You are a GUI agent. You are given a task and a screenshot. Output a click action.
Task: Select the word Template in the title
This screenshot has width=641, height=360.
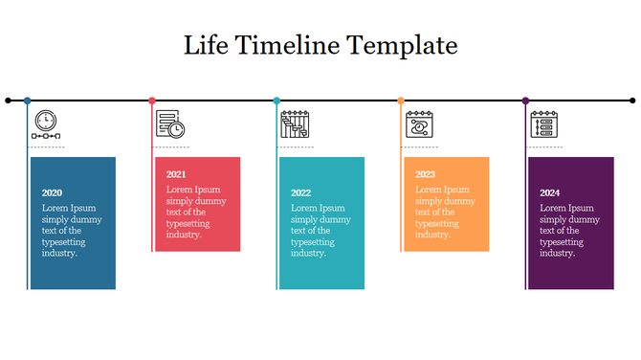click(x=402, y=45)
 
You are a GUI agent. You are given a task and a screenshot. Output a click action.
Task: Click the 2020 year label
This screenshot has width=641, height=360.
click(x=52, y=193)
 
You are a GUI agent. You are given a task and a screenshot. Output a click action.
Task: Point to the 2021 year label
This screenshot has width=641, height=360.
click(x=176, y=174)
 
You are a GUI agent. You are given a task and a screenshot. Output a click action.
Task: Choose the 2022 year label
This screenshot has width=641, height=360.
click(x=300, y=193)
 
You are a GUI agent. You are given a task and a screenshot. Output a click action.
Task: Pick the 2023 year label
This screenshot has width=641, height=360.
click(x=425, y=174)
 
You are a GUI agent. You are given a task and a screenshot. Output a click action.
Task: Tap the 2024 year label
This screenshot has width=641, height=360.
click(x=549, y=193)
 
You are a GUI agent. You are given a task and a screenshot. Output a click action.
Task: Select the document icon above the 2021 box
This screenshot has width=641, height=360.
click(x=170, y=124)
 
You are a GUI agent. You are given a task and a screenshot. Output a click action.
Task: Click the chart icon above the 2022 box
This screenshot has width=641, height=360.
click(x=295, y=124)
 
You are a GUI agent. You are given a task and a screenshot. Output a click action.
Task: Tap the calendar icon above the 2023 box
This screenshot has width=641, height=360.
click(x=419, y=124)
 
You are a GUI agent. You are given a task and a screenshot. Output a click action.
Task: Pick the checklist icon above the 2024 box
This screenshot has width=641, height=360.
click(x=543, y=124)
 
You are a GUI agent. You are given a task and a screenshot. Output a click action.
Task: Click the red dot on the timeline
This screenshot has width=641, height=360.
click(x=152, y=100)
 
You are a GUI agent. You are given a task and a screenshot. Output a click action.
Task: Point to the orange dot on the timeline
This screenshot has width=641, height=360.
click(x=401, y=100)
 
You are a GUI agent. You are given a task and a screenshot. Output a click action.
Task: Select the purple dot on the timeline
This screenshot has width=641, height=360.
click(x=525, y=100)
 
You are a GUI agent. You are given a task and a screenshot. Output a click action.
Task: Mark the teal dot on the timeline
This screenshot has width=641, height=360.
click(x=276, y=100)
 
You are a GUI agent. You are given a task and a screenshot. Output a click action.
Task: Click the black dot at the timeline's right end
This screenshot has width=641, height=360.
click(x=632, y=100)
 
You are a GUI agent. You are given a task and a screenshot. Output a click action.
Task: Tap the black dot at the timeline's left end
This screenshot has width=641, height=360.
click(x=9, y=100)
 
